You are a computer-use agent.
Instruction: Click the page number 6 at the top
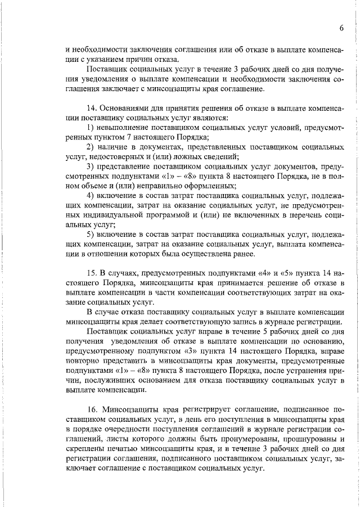point(341,29)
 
